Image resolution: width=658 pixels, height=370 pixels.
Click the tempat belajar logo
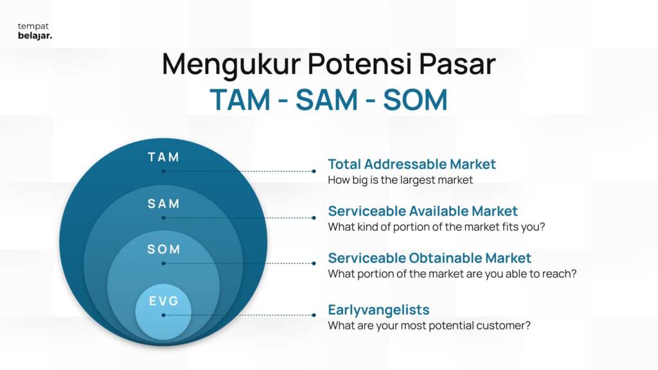[x=35, y=31]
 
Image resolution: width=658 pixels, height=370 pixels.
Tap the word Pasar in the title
[x=457, y=64]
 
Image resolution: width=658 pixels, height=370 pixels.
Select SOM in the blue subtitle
[x=415, y=100]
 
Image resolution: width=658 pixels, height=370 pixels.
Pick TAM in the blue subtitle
[x=240, y=100]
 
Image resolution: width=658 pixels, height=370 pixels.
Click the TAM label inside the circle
[x=164, y=157]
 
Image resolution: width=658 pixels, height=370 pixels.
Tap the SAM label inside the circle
[x=164, y=204]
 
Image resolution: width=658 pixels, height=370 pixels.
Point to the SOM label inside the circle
[x=164, y=250]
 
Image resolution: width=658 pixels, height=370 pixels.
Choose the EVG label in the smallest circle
[x=164, y=301]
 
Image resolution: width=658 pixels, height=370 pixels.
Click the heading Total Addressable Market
[x=412, y=164]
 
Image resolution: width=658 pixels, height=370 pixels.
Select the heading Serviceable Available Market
[x=423, y=211]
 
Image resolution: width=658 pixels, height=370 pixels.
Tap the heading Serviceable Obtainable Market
[x=429, y=258]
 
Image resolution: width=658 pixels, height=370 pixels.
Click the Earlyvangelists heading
[x=378, y=310]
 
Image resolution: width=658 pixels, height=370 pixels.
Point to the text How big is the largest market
[x=400, y=180]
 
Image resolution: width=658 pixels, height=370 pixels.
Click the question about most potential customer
[x=429, y=326]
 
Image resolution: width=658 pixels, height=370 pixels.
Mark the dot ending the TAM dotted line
[x=314, y=171]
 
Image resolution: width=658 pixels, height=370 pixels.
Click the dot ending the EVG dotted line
[x=314, y=315]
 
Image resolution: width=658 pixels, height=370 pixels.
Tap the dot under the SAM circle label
[x=163, y=218]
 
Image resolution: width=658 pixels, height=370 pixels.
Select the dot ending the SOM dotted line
[x=314, y=263]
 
